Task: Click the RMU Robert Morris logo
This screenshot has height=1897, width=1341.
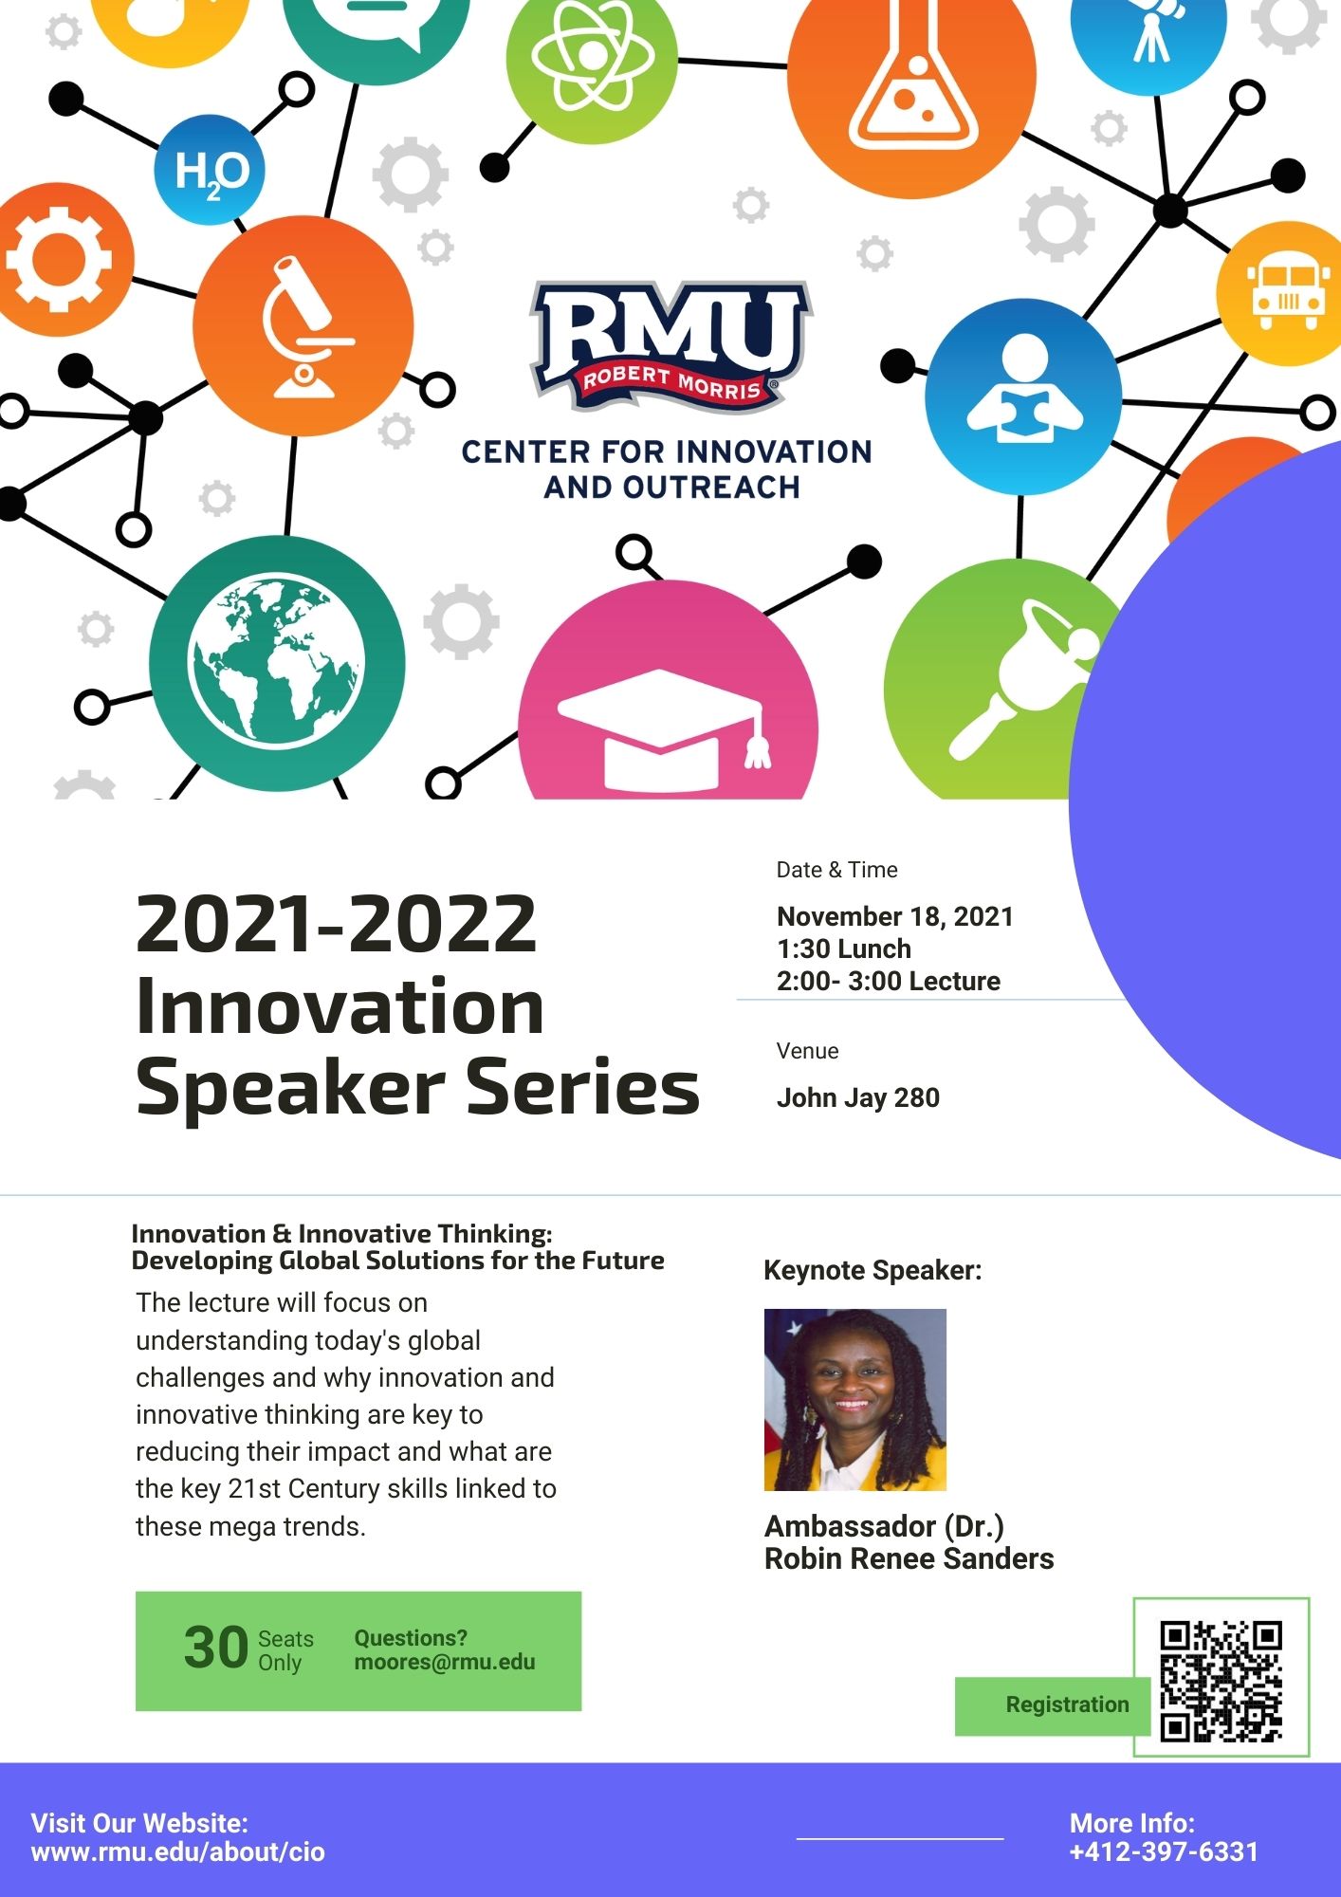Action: click(x=670, y=345)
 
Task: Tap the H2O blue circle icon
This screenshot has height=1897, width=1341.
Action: click(x=210, y=170)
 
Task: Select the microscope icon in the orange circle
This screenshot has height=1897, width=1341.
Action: click(x=303, y=326)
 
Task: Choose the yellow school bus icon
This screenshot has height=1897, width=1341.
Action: click(x=1286, y=294)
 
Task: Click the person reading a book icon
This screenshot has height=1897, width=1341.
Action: click(x=1023, y=396)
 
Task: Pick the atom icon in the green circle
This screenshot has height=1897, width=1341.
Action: click(x=592, y=60)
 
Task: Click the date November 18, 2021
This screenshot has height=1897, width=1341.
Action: click(x=894, y=916)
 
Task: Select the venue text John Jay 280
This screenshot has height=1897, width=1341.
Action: click(x=857, y=1097)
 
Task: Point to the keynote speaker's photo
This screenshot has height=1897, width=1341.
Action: click(x=855, y=1400)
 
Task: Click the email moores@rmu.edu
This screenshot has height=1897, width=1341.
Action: click(x=445, y=1662)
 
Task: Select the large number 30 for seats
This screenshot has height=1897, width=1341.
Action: click(x=216, y=1648)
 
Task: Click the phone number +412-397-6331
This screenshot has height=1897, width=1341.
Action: click(x=1164, y=1851)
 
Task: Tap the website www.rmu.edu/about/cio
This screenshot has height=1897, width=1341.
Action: click(x=177, y=1851)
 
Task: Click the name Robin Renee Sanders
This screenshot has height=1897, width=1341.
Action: click(x=909, y=1558)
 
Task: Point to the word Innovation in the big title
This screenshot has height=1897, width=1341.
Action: click(x=340, y=1006)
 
